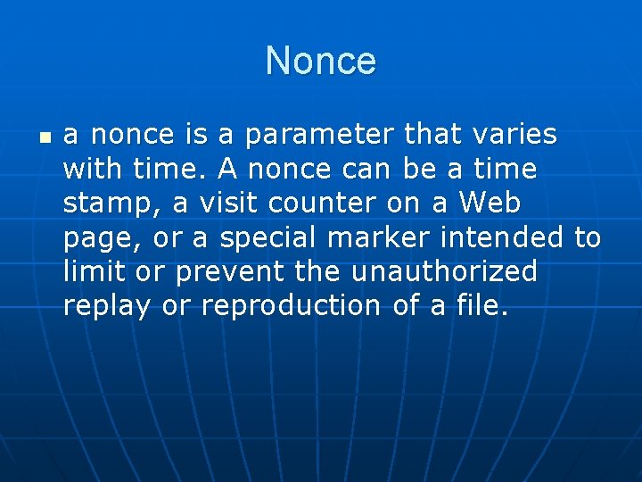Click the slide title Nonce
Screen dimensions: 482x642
tap(321, 62)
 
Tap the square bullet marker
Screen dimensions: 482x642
tap(45, 138)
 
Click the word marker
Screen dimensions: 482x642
tap(375, 237)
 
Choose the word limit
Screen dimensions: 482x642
tap(94, 271)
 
